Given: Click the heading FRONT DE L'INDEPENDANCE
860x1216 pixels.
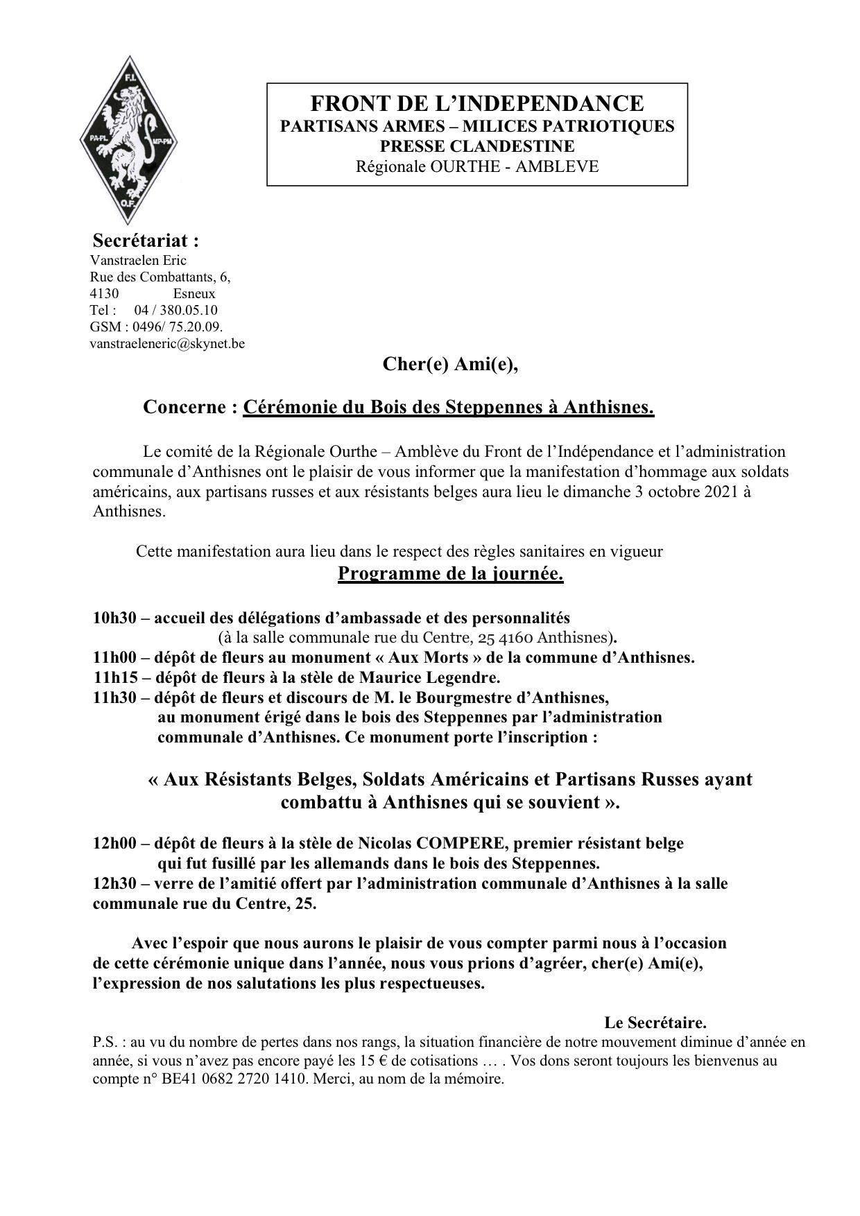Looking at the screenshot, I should coord(476,104).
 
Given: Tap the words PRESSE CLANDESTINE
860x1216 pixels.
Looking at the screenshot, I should coord(476,146).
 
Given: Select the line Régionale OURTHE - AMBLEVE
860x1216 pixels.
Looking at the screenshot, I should coord(476,166).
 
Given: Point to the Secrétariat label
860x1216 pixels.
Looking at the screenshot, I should coord(146,241).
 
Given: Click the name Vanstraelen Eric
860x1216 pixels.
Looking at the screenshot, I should coord(138,261).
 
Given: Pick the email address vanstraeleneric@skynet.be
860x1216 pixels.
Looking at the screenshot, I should coord(167,343).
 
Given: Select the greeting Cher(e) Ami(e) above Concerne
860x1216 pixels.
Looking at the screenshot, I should coord(451,365).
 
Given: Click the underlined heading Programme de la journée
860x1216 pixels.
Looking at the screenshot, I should coord(450,575).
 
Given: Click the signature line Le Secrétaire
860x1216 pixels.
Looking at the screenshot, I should coord(655,1023).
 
